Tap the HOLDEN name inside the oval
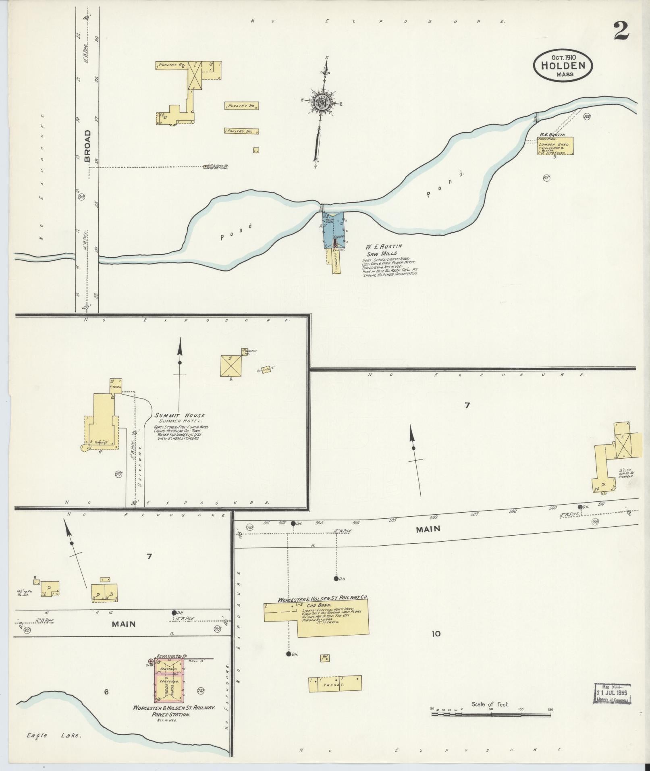[563, 66]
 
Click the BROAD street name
[87, 146]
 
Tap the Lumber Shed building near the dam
[555, 145]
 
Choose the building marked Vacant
[335, 684]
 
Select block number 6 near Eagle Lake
[106, 692]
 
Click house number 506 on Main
[434, 517]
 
